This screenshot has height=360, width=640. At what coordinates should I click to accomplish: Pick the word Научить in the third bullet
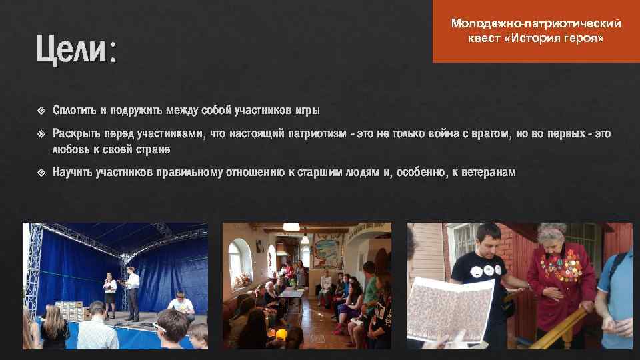point(73,172)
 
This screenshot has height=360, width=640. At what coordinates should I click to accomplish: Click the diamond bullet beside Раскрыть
point(42,134)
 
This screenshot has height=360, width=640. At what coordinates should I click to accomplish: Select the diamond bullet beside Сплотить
point(42,110)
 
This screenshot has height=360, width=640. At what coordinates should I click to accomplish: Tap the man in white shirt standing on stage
point(132,290)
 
